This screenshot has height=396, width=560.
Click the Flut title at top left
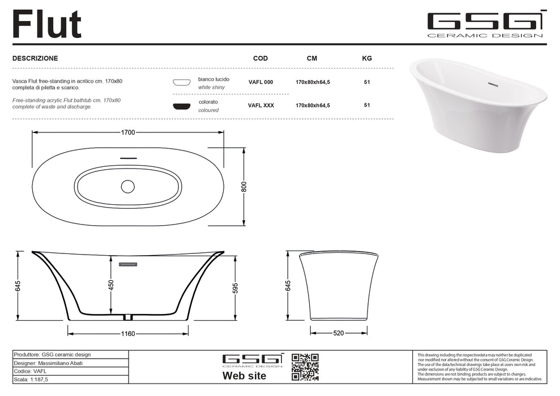[x=47, y=24]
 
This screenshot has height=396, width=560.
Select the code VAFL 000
[x=260, y=82]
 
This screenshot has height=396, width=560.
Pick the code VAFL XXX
[x=261, y=105]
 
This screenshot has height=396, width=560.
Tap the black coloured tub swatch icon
[x=182, y=106]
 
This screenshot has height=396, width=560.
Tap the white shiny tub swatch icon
[x=182, y=83]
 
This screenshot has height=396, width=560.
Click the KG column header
[x=367, y=58]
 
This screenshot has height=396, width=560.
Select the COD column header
[x=260, y=58]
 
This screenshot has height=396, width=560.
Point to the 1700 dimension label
[x=128, y=132]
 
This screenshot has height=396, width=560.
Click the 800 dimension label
[x=244, y=187]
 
